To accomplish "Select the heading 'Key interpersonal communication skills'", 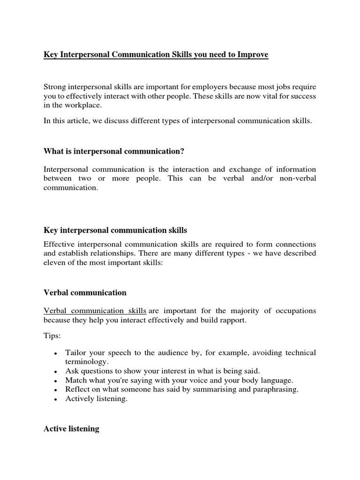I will pos(115,230).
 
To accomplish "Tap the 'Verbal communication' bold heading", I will pos(85,292).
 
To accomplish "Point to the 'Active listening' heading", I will pos(71,429).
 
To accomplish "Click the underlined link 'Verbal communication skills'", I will pos(95,311).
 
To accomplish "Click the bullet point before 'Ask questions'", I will pos(56,371).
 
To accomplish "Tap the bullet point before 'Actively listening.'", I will pos(56,400).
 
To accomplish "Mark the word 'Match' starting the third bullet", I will pos(75,380).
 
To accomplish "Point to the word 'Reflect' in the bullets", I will pos(77,389).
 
